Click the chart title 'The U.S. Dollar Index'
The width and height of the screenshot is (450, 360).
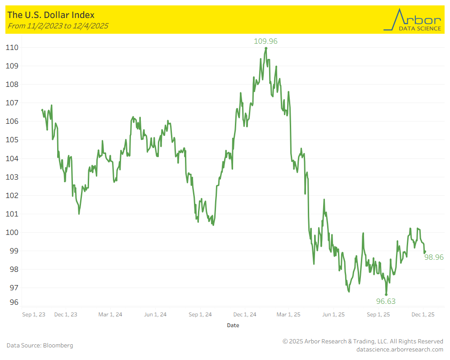point(51,15)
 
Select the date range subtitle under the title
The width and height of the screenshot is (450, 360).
point(58,26)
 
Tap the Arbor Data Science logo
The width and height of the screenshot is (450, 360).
point(412,20)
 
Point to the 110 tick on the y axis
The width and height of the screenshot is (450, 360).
point(12,47)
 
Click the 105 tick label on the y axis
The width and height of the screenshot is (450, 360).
point(12,140)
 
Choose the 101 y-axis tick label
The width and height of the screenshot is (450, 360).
point(12,214)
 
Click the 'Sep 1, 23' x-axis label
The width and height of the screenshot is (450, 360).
point(34,315)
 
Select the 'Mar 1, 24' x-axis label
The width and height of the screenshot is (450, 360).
point(110,315)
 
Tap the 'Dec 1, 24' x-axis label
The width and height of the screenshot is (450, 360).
point(245,315)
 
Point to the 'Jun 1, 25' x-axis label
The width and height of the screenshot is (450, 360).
point(334,315)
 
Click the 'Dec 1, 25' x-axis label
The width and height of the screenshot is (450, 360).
point(423,315)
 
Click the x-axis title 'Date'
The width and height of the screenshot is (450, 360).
point(233,325)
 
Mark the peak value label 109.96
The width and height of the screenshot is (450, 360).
point(266,41)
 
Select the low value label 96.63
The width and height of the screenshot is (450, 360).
point(386,301)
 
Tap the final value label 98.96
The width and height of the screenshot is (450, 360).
point(434,257)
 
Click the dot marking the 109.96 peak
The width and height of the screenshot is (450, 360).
point(266,48)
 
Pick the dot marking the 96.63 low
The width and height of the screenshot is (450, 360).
point(386,294)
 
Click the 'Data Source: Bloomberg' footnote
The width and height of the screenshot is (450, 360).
point(40,346)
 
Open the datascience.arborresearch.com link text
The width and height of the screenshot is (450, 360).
point(400,349)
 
